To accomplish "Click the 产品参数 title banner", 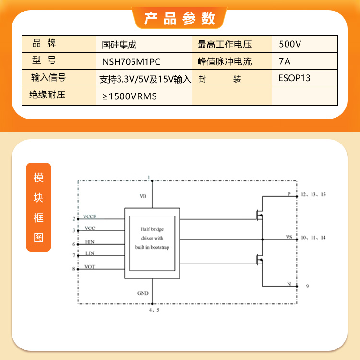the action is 180,18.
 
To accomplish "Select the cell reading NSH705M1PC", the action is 131,62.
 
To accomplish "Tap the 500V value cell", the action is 290,44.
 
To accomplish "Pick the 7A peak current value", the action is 285,61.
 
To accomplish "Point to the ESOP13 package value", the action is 294,78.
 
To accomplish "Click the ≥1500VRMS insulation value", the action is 130,96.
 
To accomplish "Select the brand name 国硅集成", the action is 119,45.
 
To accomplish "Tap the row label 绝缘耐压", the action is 48,95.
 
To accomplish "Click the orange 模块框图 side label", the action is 38,207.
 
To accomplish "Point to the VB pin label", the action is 143,196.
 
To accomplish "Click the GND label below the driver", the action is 143,293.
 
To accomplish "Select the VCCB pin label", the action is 90,216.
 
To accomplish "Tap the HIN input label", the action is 90,242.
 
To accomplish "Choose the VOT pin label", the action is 90,266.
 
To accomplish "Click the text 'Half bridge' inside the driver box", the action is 152,229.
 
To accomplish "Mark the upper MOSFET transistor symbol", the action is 260,215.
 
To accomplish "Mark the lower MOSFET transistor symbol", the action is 260,260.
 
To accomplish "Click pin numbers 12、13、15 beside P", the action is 313,194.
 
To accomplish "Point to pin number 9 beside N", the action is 307,286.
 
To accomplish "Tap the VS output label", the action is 289,237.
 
